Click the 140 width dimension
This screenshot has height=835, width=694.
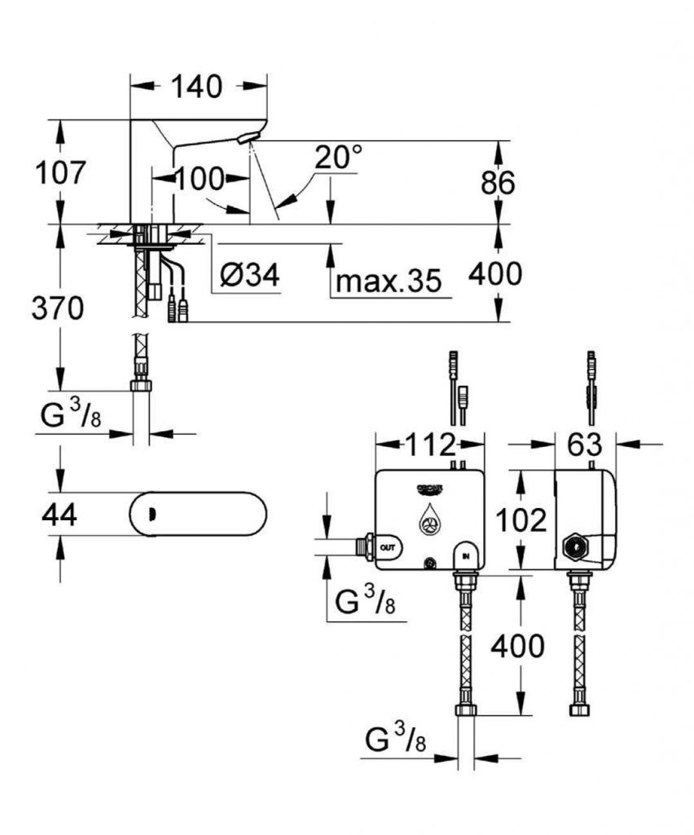click(197, 86)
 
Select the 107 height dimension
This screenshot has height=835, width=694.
click(59, 173)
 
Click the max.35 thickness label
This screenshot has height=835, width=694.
click(389, 281)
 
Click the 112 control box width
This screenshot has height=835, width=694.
click(430, 445)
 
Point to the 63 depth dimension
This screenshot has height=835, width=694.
click(584, 445)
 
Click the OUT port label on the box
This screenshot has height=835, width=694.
click(387, 546)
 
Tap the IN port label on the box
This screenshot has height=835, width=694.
click(467, 555)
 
